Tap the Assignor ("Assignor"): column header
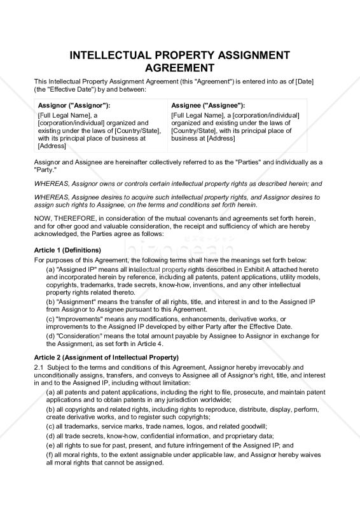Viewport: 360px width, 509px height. [74, 105]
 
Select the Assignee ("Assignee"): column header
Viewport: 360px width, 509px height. [208, 105]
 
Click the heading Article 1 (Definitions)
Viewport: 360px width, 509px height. [67, 250]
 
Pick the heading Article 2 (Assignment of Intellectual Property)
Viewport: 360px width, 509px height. [106, 357]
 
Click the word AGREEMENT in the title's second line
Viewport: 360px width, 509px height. [180, 68]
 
